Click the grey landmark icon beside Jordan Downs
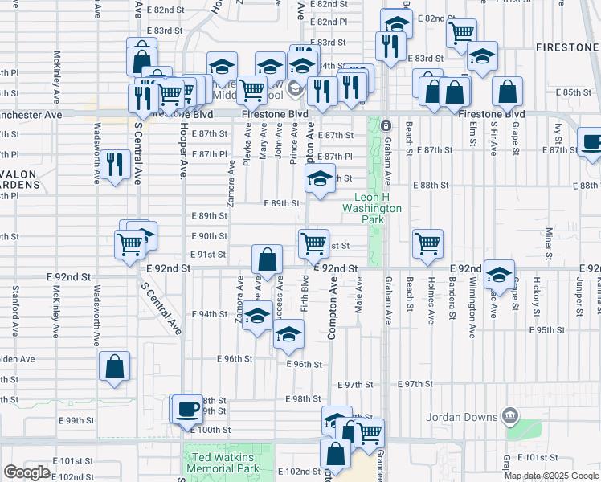pyautogui.click(x=508, y=415)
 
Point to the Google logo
pyautogui.click(x=27, y=472)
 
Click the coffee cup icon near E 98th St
pyautogui.click(x=189, y=408)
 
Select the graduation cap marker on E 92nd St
pyautogui.click(x=499, y=274)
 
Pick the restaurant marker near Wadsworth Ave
pyautogui.click(x=116, y=165)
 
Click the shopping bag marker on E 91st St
pyautogui.click(x=268, y=259)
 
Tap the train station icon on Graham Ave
pyautogui.click(x=386, y=126)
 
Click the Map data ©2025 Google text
pyautogui.click(x=552, y=476)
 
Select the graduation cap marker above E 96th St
pyautogui.click(x=289, y=334)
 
